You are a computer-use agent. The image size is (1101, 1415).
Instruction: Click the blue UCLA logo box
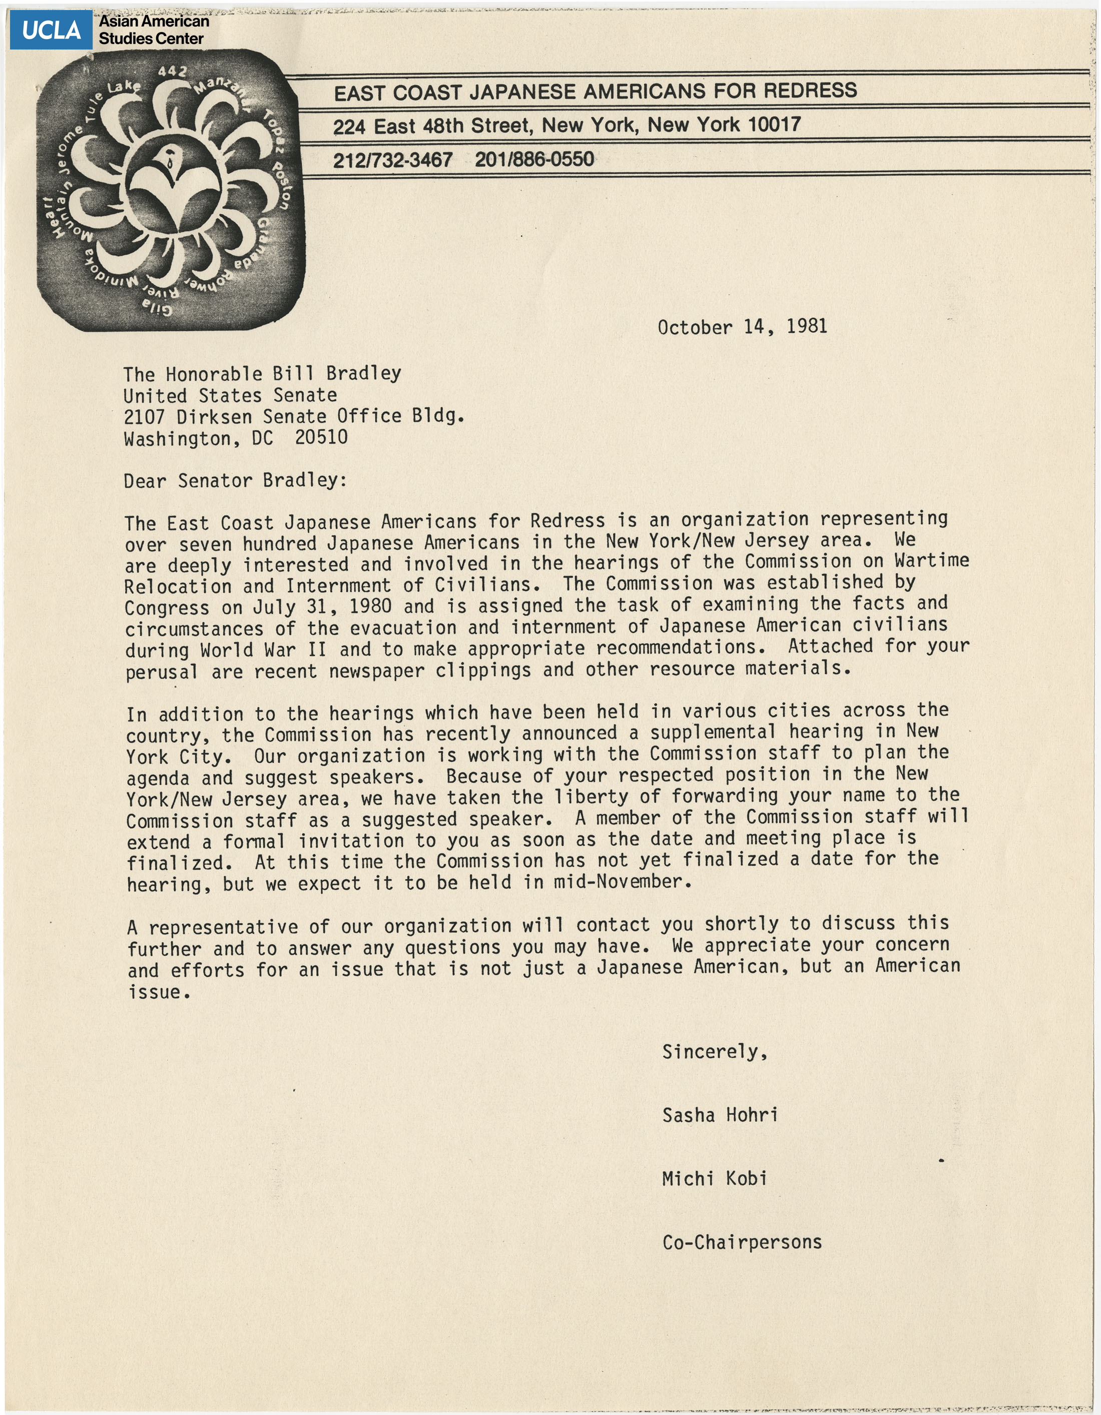51,30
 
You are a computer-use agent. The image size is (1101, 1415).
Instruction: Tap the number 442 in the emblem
172,72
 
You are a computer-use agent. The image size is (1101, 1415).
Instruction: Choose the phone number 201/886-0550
534,159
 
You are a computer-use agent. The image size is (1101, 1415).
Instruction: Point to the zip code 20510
321,437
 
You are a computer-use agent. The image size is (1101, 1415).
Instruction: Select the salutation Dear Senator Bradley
235,480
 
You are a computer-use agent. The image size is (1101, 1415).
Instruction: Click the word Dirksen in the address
214,416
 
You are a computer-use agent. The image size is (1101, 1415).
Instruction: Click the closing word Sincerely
715,1052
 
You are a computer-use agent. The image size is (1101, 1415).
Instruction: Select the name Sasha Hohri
719,1115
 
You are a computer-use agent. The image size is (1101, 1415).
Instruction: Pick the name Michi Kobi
714,1178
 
